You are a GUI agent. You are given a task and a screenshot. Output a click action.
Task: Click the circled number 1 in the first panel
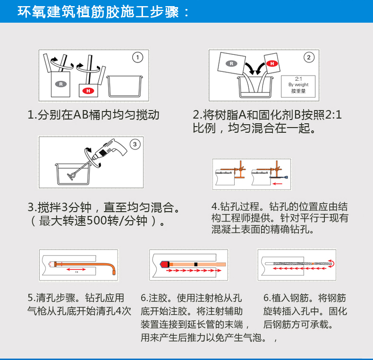[x=137, y=57]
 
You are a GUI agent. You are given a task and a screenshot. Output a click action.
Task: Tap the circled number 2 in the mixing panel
[x=309, y=57]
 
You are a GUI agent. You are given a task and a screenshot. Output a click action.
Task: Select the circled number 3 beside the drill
[x=135, y=144]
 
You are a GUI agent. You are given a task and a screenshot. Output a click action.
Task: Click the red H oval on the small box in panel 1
[x=88, y=91]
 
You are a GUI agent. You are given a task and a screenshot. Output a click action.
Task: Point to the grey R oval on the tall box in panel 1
[x=61, y=84]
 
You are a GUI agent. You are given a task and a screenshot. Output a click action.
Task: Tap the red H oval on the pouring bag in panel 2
[x=272, y=63]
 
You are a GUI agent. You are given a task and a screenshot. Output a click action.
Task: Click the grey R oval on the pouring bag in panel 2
[x=231, y=63]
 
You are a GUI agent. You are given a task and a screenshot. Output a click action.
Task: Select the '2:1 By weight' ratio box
[x=298, y=86]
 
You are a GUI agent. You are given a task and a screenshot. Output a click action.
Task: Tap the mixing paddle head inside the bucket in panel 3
[x=71, y=176]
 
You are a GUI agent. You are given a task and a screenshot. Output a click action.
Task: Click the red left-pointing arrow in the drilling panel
[x=277, y=184]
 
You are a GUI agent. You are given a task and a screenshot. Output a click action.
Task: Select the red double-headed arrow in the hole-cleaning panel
[x=76, y=269]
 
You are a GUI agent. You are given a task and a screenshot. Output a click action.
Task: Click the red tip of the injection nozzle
[x=164, y=264]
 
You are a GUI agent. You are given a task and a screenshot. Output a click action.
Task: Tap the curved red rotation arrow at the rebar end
[x=332, y=264]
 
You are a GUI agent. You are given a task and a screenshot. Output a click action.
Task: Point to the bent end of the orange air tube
[x=113, y=268]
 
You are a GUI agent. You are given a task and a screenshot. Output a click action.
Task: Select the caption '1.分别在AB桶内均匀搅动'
[x=93, y=115]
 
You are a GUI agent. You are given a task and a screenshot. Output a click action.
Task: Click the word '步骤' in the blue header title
[x=164, y=12]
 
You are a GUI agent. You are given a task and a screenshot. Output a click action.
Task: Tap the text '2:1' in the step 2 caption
[x=333, y=115]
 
